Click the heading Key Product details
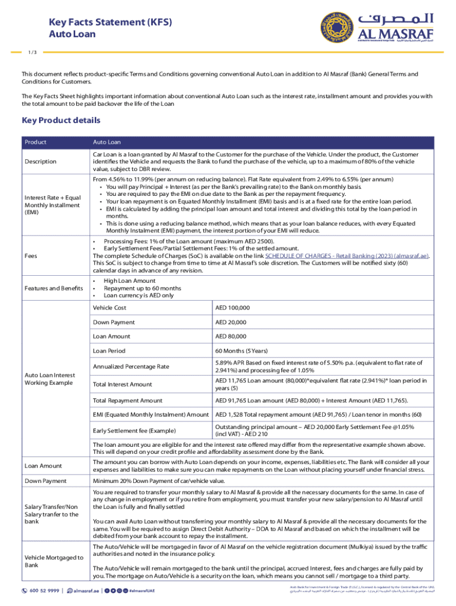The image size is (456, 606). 61,121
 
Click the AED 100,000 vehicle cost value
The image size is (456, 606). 232,308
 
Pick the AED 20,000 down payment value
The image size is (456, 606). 230,323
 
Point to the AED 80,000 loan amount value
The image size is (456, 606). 230,337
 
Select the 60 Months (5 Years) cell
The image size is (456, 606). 239,351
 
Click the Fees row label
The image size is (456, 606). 31,256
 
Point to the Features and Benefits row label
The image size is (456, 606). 52,288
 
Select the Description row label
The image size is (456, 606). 40,162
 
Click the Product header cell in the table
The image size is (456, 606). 35,142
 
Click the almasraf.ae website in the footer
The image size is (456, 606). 86,591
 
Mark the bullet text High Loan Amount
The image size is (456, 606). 129,281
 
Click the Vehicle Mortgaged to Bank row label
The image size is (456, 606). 53,562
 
